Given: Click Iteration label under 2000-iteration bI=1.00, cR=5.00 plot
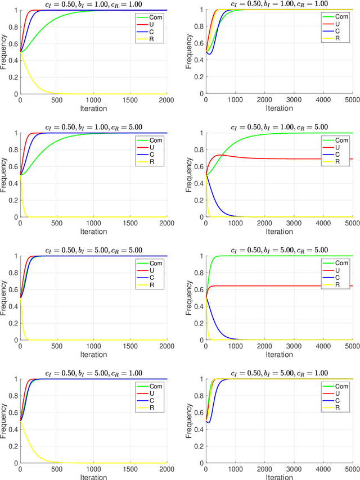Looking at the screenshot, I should pos(93,231).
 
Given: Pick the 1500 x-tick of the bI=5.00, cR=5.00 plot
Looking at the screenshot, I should pos(130,345).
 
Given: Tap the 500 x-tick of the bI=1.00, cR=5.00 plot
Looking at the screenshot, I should pos(57,222).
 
